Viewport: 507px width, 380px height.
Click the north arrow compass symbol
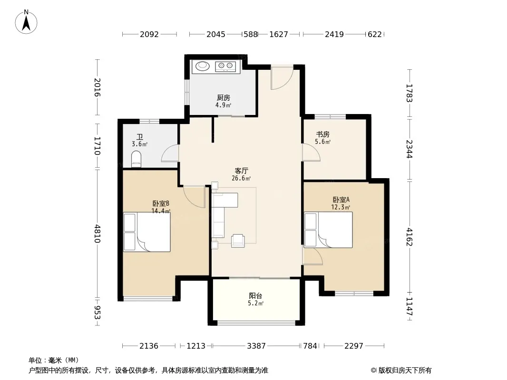(26, 22)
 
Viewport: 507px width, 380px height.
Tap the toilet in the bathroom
(136, 159)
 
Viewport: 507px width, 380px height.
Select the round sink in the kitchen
(203, 66)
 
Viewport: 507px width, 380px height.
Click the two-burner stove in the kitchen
(225, 66)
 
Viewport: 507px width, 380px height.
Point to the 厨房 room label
(224, 97)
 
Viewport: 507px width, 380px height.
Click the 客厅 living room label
(241, 171)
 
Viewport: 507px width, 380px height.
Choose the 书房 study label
(322, 134)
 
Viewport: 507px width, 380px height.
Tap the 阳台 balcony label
(255, 295)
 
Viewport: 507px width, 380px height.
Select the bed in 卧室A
(329, 230)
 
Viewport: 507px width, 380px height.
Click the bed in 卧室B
(147, 232)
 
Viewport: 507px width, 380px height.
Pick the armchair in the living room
(238, 241)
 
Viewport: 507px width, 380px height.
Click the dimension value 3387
(256, 346)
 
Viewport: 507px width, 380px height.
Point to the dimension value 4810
(97, 234)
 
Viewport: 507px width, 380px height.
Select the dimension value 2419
(334, 34)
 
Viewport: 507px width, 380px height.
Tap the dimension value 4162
(409, 237)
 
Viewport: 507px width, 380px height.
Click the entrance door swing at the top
(282, 78)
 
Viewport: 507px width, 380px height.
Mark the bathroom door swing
(170, 152)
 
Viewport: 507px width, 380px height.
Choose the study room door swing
(311, 152)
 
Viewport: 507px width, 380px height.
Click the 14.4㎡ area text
(161, 211)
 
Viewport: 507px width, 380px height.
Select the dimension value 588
(251, 34)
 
